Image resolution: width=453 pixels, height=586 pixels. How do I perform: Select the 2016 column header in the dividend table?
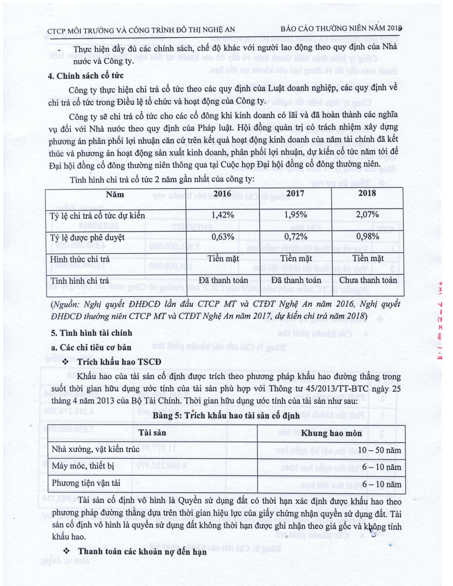[x=223, y=194]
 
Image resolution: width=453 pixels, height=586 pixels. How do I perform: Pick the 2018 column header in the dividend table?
[x=367, y=193]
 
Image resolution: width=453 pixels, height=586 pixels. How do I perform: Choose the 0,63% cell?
[x=223, y=237]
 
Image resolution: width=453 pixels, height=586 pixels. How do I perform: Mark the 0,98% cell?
[x=367, y=236]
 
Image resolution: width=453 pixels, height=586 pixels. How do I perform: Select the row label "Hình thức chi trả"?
[x=80, y=259]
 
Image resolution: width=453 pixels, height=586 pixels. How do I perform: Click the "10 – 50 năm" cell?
[x=379, y=450]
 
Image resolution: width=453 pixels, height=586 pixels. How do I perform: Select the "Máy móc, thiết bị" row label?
[x=83, y=466]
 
